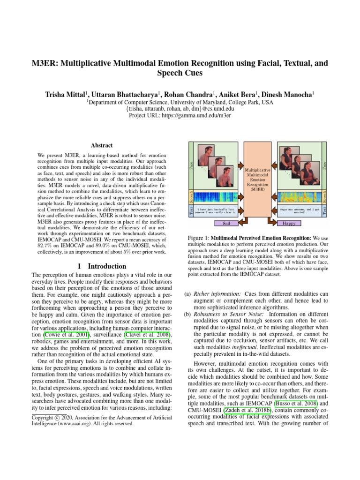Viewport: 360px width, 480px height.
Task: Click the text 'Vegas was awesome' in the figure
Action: click(292, 209)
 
